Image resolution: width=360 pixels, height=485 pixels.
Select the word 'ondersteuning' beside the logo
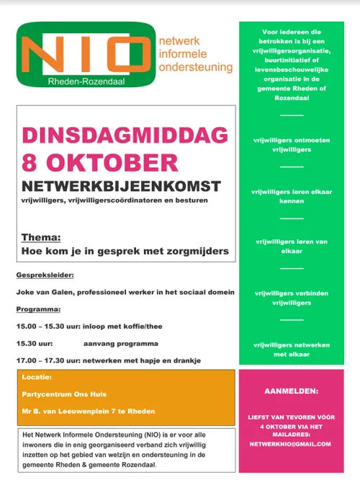coord(195,67)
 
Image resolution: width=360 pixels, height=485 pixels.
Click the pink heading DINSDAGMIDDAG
coord(125,135)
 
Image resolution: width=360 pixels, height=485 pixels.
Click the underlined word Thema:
coord(41,237)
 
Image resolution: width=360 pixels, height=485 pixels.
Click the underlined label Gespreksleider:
coord(45,275)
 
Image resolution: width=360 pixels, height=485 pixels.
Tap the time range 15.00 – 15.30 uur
coord(48,326)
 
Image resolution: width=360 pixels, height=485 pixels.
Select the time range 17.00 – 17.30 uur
coord(48,360)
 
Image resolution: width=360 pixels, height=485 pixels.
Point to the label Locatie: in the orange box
coord(37,377)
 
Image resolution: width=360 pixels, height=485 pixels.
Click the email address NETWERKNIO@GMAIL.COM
coord(291,445)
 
